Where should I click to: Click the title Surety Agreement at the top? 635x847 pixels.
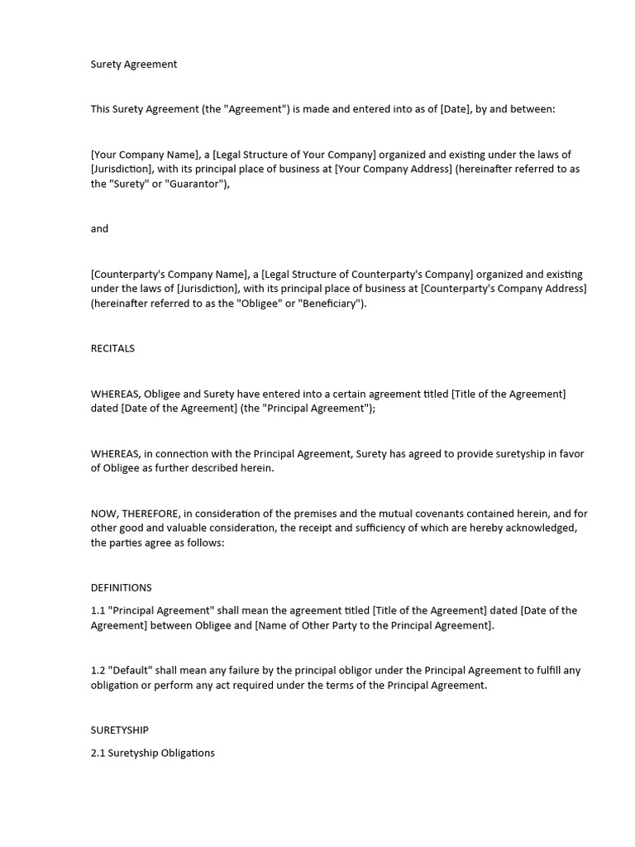pos(133,64)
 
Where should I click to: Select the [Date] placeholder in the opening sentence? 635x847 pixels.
pos(456,108)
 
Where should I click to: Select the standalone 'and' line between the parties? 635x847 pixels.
pos(99,228)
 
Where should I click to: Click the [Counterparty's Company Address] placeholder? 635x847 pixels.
pos(504,289)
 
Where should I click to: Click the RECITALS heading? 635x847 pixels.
pos(112,348)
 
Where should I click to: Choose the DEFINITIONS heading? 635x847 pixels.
pos(121,587)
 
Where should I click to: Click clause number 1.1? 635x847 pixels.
pos(98,610)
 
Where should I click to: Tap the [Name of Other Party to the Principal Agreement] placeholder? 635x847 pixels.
pos(374,625)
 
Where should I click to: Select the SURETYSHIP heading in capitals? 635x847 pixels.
pos(119,730)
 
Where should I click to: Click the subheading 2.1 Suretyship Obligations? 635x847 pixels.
pos(152,753)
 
